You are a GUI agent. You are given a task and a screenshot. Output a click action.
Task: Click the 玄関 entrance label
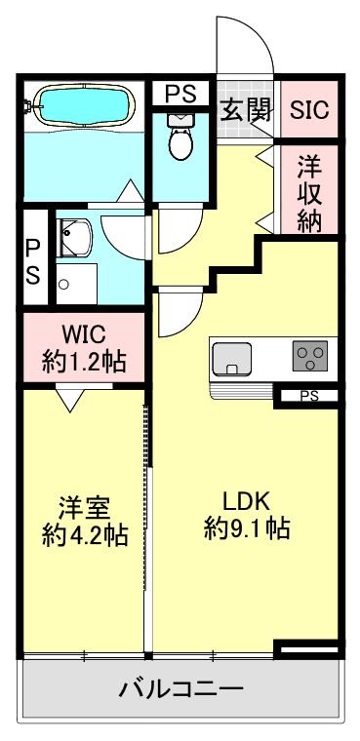(246, 108)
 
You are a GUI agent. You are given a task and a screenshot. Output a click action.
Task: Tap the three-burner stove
(311, 356)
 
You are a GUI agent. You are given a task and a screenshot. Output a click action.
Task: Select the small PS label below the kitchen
(309, 396)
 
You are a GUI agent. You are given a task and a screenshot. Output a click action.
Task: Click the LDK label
(246, 500)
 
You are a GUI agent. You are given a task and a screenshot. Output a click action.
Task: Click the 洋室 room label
(85, 507)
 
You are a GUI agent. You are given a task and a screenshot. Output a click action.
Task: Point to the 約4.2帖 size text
(85, 535)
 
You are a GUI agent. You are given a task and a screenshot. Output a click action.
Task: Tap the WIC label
(85, 332)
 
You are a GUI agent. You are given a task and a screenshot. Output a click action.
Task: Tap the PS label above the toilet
(180, 94)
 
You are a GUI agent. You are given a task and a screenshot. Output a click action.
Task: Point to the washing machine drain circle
(64, 285)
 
